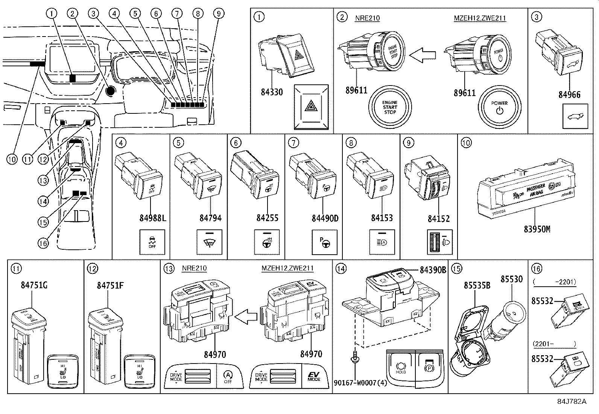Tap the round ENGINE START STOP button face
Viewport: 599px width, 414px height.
coord(390,107)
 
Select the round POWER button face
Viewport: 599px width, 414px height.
coord(499,107)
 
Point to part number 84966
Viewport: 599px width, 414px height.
coord(569,95)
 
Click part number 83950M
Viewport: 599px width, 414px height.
coord(537,229)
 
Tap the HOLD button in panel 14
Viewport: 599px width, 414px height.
coord(401,367)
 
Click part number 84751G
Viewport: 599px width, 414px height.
coord(34,286)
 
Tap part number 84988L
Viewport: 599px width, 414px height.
coord(152,218)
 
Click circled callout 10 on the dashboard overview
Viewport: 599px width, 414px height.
coord(12,159)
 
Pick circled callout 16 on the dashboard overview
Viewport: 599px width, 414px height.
coord(43,243)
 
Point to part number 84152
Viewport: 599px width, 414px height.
coord(438,218)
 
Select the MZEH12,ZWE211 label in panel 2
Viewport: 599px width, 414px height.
coord(480,18)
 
